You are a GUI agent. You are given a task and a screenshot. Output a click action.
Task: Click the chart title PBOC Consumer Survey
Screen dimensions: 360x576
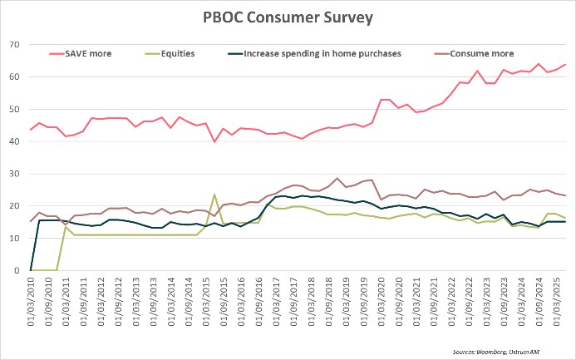tap(288, 17)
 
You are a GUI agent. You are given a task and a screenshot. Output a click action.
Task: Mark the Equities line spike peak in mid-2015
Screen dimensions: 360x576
tap(214, 195)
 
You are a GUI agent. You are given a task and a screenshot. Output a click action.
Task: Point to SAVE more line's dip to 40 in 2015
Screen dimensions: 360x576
tap(214, 141)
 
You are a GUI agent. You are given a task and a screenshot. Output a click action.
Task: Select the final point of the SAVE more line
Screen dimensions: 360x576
tap(565, 65)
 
